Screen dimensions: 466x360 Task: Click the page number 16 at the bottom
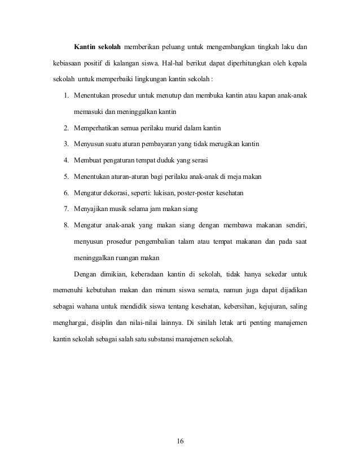[x=179, y=440]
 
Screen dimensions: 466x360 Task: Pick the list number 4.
[x=67, y=161]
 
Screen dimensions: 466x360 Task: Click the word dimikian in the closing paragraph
[x=117, y=276]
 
